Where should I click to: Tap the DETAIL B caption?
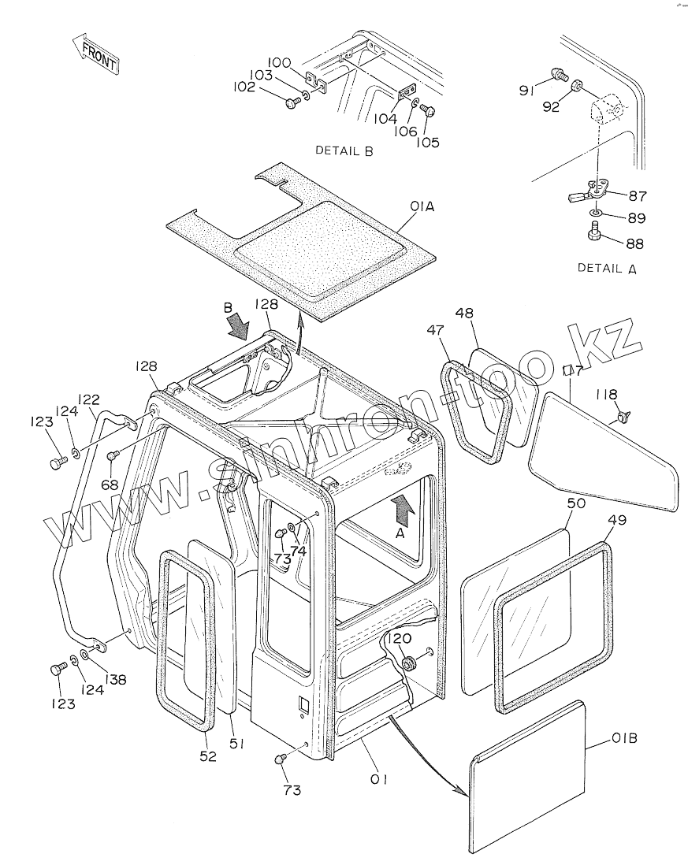click(344, 150)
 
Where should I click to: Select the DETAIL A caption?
click(607, 268)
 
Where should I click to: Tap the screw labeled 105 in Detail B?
click(426, 110)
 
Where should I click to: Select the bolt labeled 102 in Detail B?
click(292, 102)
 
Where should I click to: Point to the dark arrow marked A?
click(403, 511)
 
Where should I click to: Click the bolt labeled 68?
click(112, 455)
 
